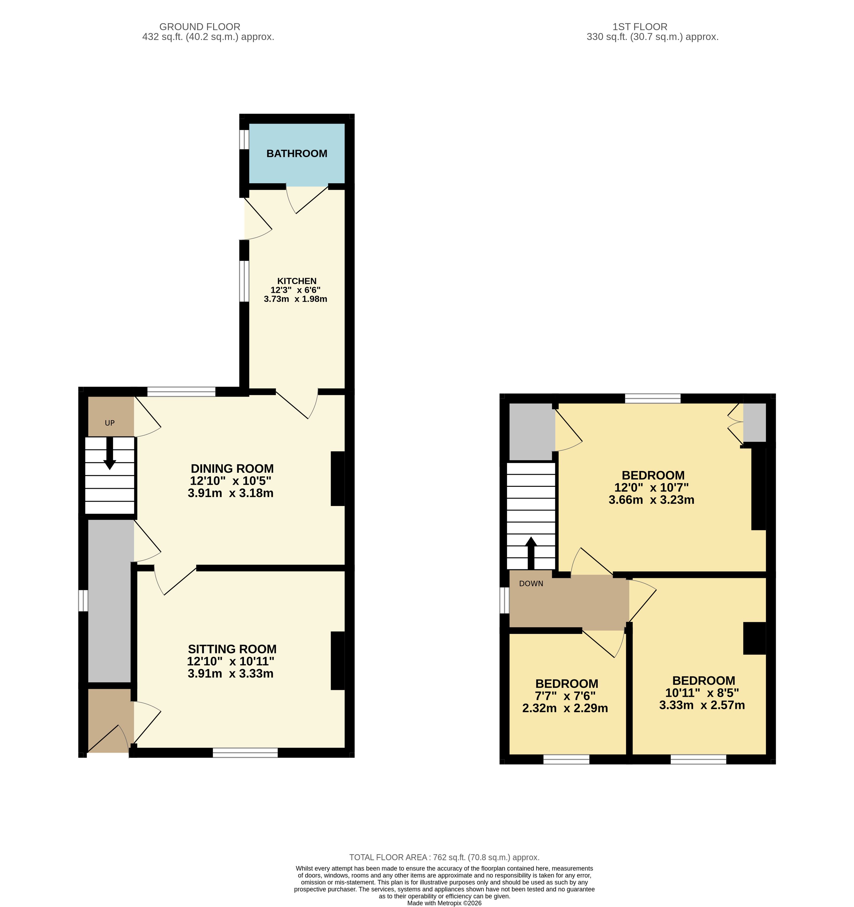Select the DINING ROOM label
(232, 469)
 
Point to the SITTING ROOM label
(232, 649)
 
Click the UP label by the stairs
(110, 423)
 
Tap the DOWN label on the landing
(531, 584)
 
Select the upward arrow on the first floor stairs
(531, 553)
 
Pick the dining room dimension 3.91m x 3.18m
(230, 493)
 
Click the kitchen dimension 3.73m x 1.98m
(296, 299)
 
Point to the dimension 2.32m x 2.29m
(565, 708)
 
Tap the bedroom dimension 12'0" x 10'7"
(651, 488)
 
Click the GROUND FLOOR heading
(200, 27)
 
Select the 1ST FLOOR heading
(640, 27)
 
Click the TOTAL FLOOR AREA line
(444, 857)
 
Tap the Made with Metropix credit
(444, 903)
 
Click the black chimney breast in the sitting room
(338, 661)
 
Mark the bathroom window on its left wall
(245, 140)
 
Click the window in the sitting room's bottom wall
(245, 753)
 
